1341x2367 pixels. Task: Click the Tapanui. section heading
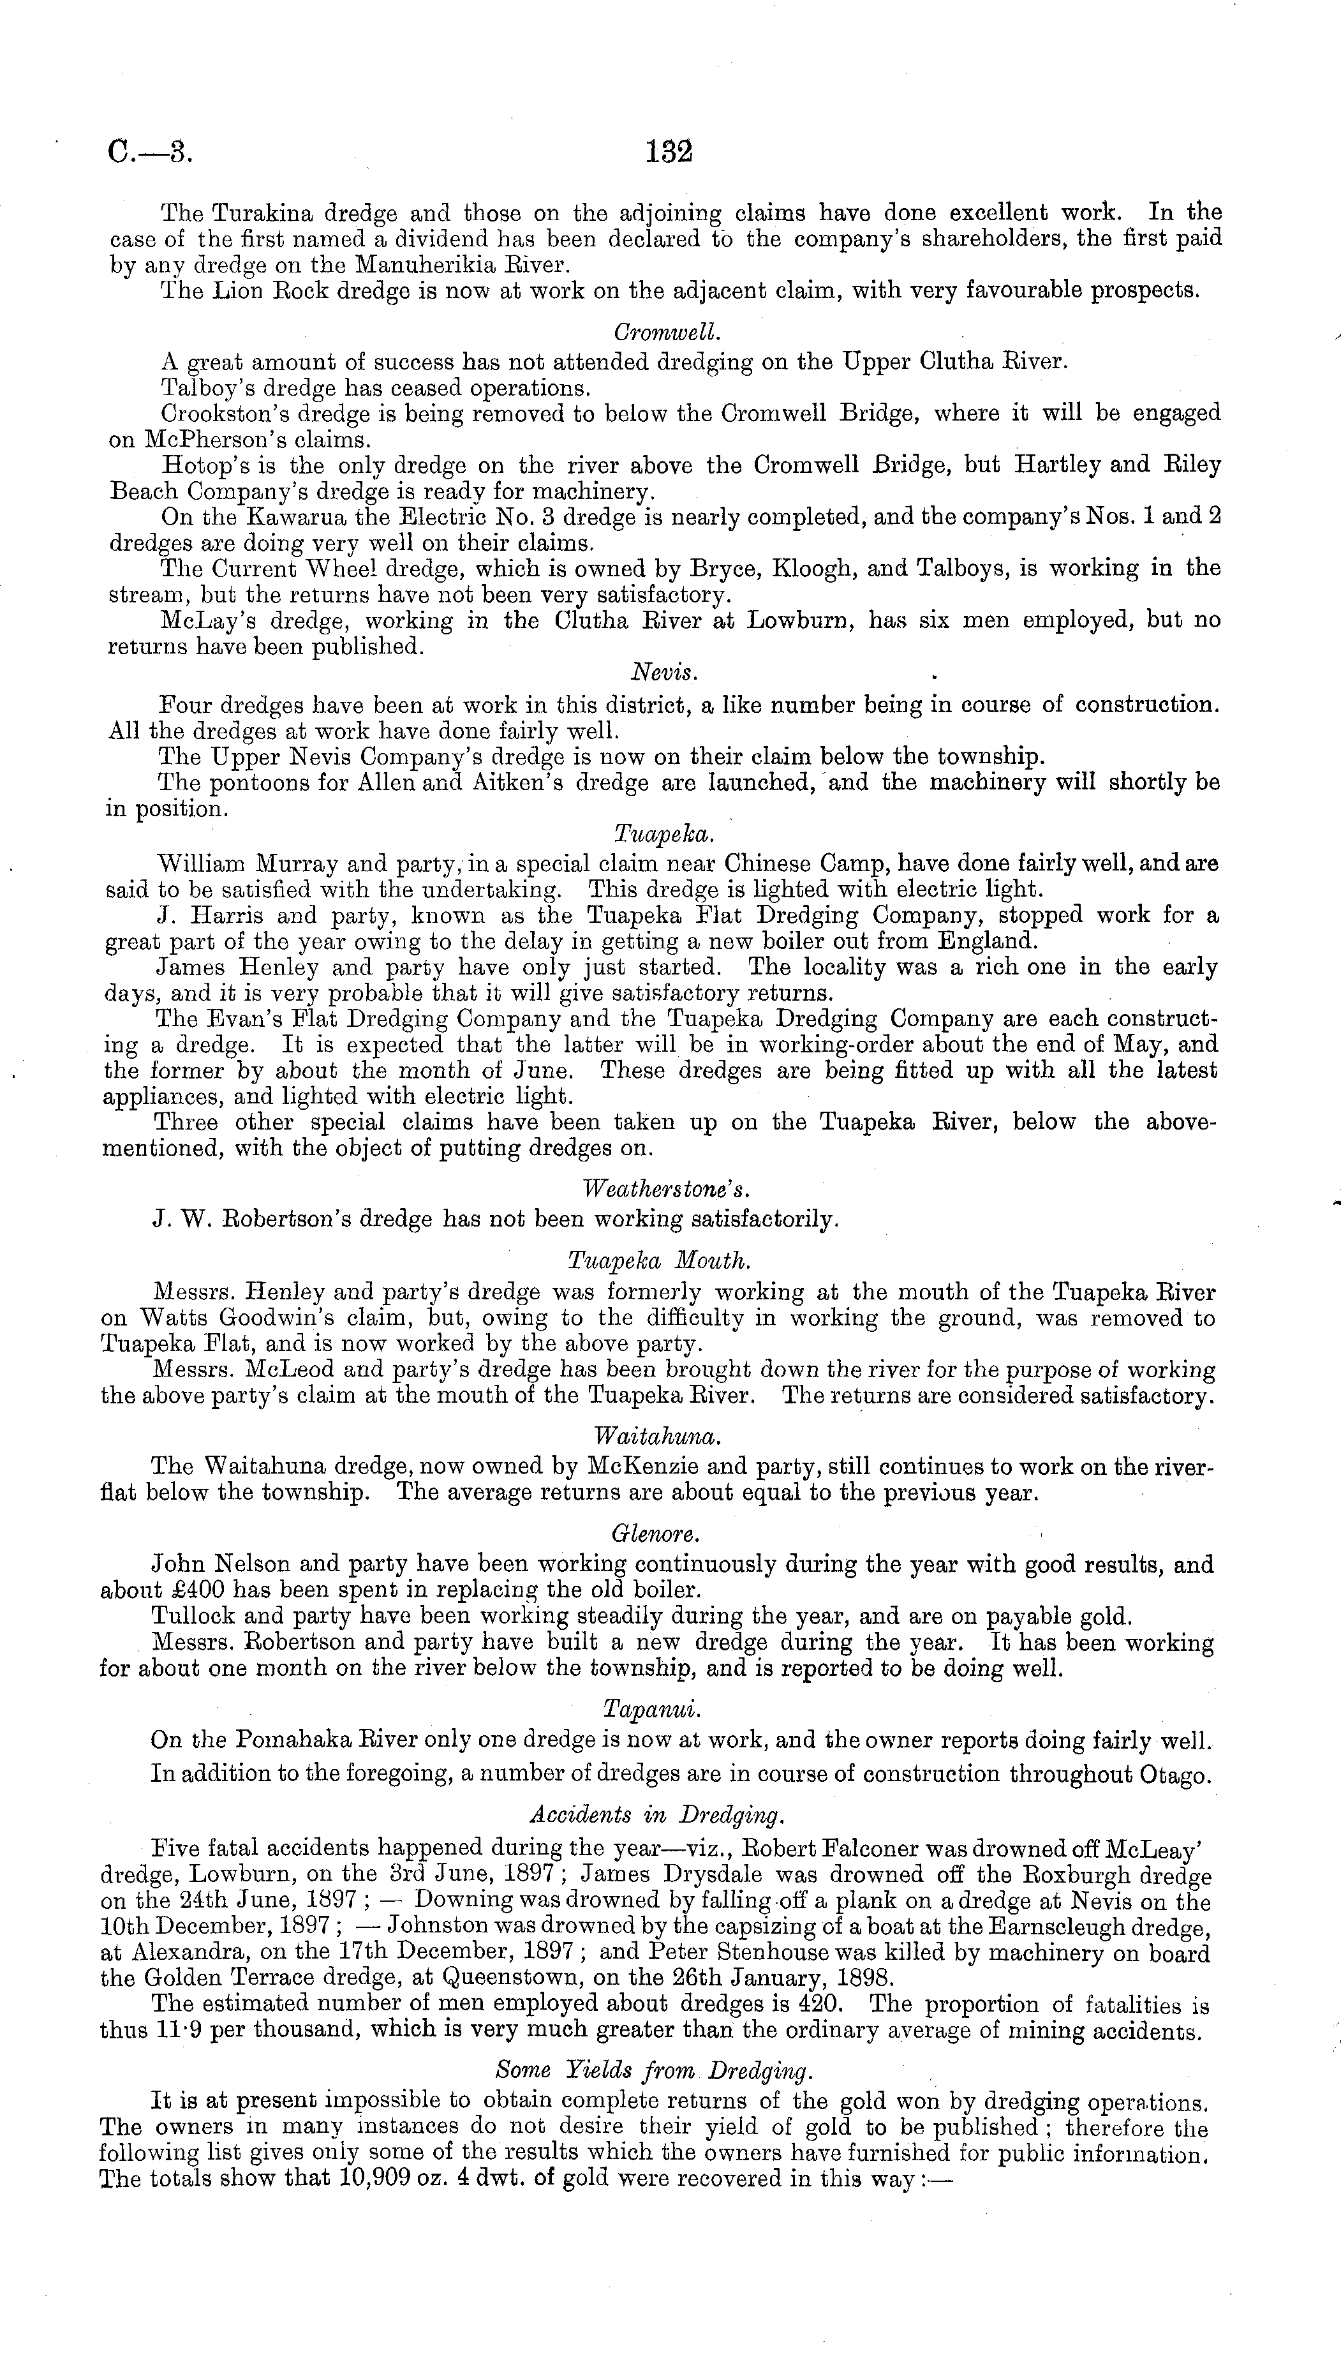[x=652, y=1708]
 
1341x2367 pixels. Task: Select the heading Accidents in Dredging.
[x=658, y=1814]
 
